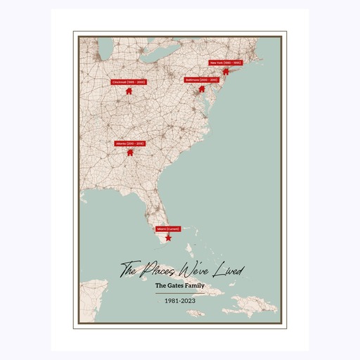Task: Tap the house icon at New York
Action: coord(226,70)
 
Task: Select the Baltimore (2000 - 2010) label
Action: coord(202,80)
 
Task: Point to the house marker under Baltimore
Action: coord(202,89)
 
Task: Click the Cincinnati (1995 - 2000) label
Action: coord(128,82)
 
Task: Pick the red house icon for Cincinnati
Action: coord(129,91)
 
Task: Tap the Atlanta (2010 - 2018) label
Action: coord(129,143)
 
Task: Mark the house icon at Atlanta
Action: coord(129,151)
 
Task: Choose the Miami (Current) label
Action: coord(168,229)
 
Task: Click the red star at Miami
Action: coord(168,238)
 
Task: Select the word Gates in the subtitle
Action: coord(179,286)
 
